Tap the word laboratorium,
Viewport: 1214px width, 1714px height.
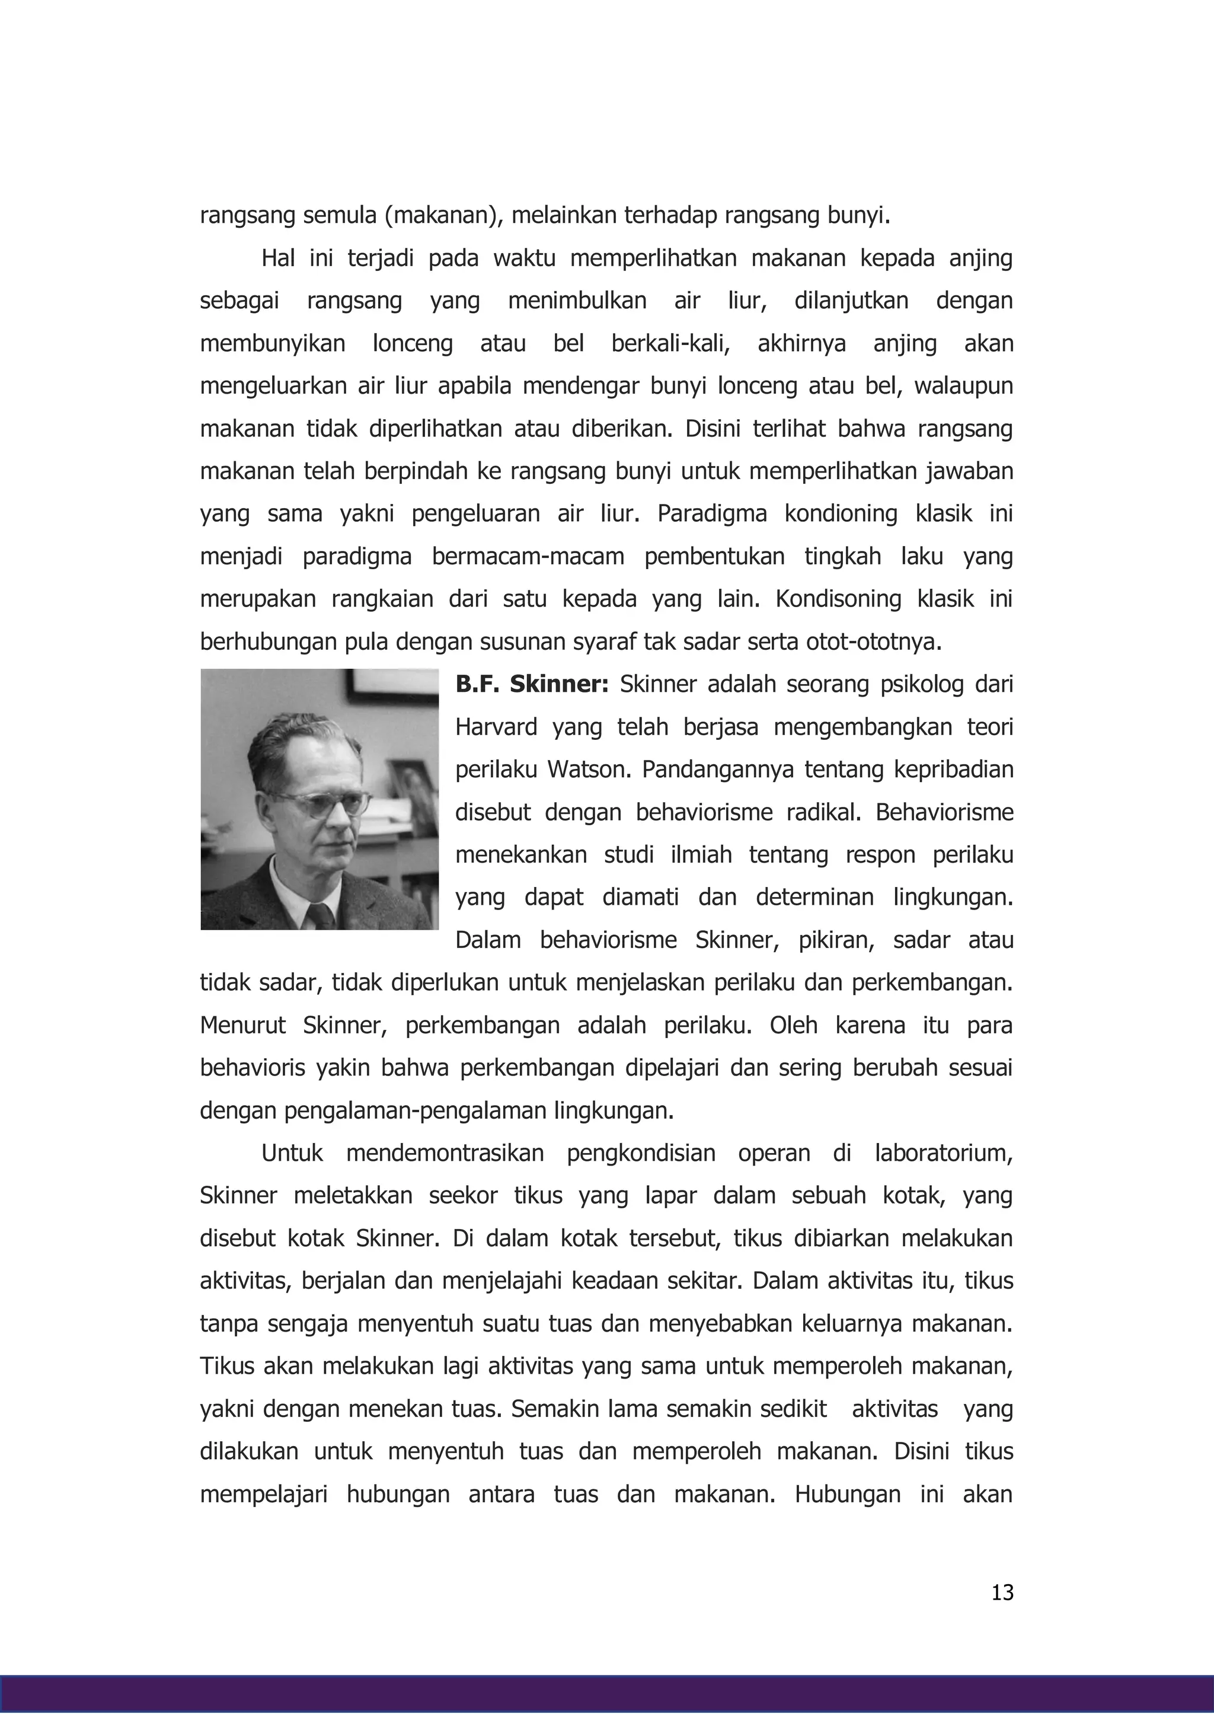coord(943,1153)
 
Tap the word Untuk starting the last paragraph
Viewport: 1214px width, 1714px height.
coord(292,1153)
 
